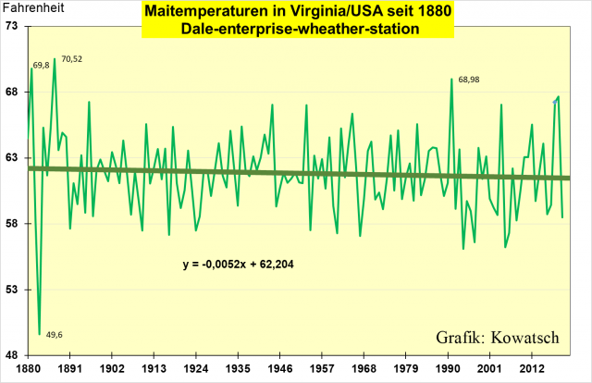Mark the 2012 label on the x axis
531,367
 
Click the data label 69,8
41,66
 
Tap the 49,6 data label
54,335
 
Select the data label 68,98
470,80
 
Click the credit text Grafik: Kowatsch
499,337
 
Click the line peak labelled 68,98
452,80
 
